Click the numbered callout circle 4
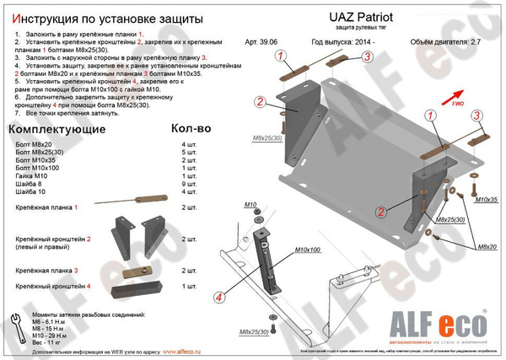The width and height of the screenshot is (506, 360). [x=218, y=297]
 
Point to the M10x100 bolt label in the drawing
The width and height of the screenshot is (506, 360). [x=287, y=250]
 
